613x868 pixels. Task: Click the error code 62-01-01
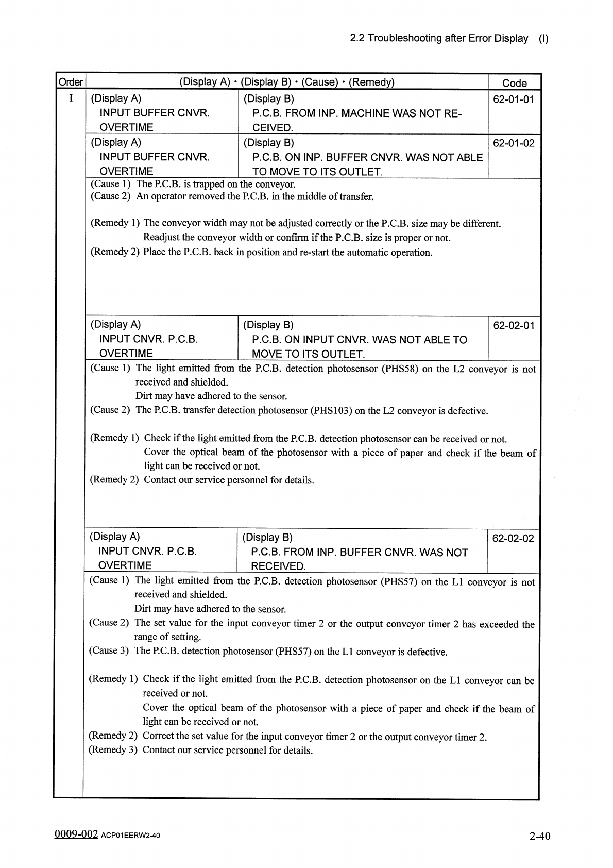pos(514,99)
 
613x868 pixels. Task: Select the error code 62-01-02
pos(514,143)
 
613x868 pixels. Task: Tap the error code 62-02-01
pos(514,326)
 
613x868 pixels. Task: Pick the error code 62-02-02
pos(513,539)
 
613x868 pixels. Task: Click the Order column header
pos(71,82)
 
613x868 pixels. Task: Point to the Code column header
pos(514,83)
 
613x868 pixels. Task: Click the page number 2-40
pos(539,836)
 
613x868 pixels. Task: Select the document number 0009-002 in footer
pos(76,834)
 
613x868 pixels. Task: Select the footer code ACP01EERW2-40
pos(130,836)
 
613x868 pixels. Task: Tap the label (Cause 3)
pos(109,650)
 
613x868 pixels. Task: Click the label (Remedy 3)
pos(113,749)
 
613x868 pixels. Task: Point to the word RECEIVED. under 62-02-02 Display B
pos(278,566)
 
